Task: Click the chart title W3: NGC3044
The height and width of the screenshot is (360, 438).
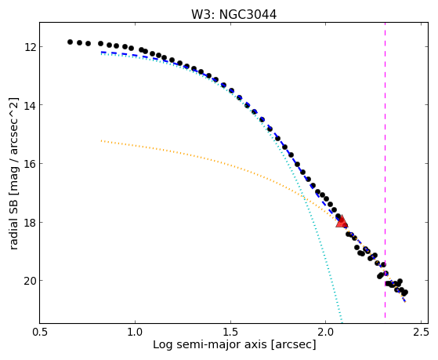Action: point(233,14)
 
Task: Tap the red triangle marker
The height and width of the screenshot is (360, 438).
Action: point(342,221)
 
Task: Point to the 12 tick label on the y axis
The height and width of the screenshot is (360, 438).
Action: point(30,47)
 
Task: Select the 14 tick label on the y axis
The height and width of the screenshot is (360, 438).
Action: point(30,105)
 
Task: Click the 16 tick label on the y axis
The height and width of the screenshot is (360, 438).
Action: point(30,164)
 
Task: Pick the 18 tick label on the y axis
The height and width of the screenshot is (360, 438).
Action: point(30,223)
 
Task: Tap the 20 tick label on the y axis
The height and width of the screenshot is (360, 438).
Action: point(30,281)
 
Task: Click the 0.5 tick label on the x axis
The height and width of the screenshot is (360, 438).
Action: point(40,333)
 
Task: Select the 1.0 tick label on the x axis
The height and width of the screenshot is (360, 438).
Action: point(135,333)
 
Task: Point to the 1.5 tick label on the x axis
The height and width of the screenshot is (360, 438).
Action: point(230,333)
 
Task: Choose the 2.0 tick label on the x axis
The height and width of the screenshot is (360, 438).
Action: point(326,333)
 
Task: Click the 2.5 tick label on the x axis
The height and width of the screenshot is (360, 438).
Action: point(421,333)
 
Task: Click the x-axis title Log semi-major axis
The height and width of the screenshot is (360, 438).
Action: point(210,345)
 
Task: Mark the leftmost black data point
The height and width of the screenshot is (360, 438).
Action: point(70,42)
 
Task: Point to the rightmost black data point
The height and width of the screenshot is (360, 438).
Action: point(406,293)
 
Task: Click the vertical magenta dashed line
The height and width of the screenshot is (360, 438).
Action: point(385,170)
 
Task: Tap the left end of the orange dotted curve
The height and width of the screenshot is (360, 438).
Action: point(101,140)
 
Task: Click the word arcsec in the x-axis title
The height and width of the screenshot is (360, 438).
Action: point(294,345)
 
